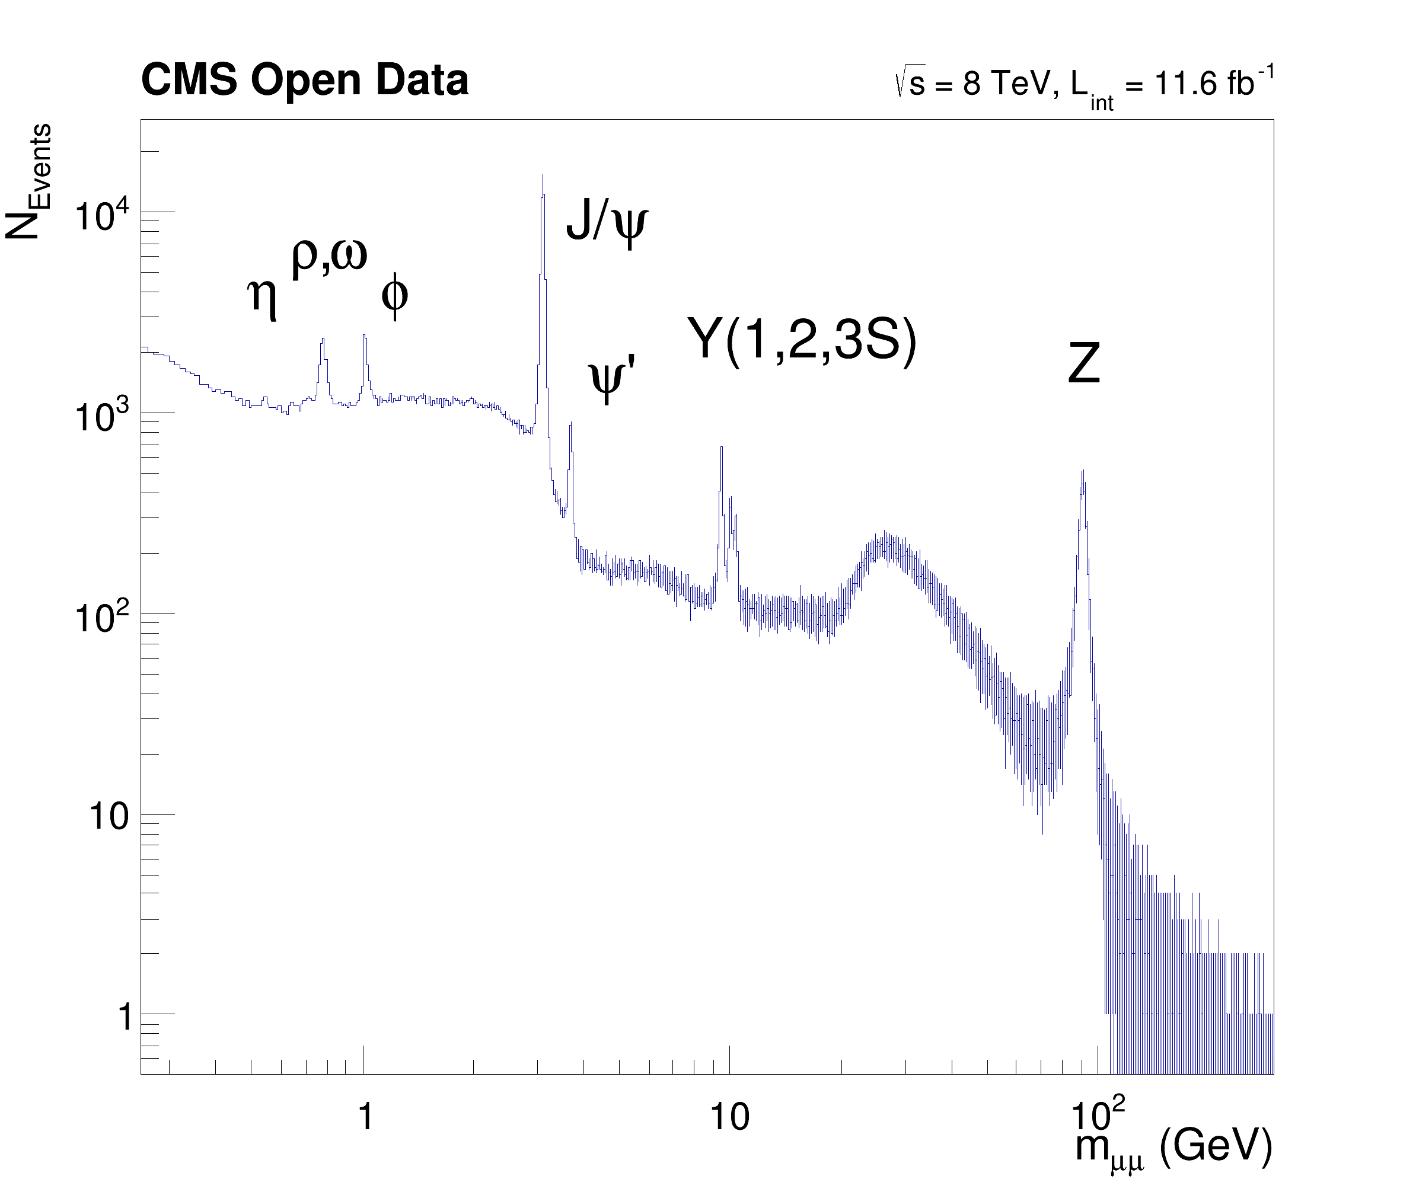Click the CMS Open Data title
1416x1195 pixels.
(304, 80)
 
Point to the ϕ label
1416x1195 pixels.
(394, 295)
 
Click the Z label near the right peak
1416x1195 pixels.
(1083, 364)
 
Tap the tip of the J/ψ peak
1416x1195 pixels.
(543, 176)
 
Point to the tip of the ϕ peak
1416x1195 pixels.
(364, 336)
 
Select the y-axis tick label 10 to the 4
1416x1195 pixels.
(101, 217)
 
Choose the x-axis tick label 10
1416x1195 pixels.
(730, 1116)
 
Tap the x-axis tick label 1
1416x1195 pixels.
(365, 1116)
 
